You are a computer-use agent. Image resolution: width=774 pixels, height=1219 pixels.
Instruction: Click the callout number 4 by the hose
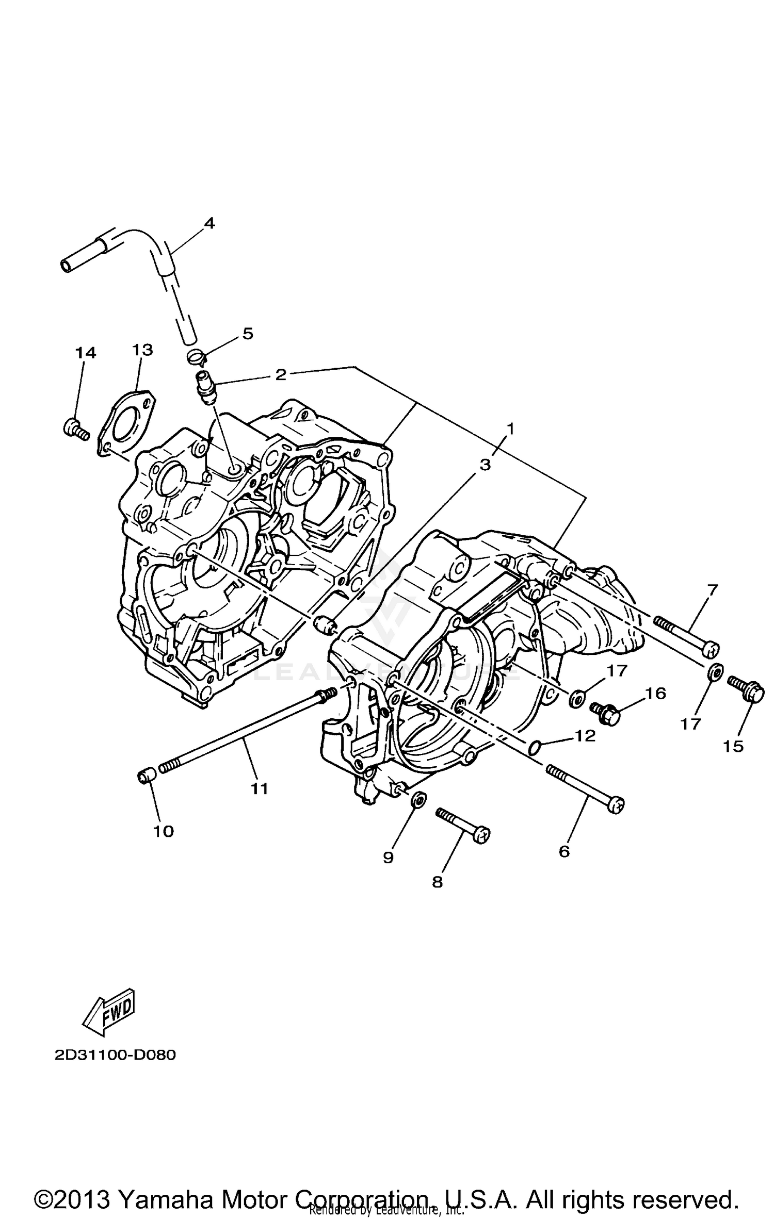click(209, 223)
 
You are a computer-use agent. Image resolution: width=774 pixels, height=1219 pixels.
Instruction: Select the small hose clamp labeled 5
click(196, 355)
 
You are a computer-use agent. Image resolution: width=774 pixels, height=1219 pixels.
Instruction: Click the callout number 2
click(280, 374)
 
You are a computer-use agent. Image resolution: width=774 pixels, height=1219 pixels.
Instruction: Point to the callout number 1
click(510, 428)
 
